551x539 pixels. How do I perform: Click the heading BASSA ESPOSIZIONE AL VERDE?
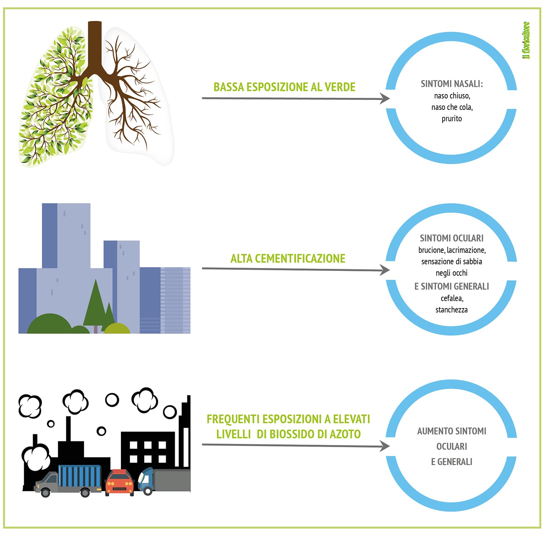[284, 87]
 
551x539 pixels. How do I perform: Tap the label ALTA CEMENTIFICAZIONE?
[288, 258]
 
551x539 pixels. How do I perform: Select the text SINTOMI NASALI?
[451, 84]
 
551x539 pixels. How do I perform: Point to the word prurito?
[451, 119]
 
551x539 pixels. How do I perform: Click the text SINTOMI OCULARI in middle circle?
[451, 238]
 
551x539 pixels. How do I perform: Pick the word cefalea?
[452, 298]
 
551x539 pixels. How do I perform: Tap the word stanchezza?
[451, 310]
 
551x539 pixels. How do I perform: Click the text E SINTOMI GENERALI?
[451, 286]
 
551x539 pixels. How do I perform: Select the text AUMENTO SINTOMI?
[451, 431]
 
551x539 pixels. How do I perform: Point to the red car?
[119, 482]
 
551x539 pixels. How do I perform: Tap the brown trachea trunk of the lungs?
[95, 44]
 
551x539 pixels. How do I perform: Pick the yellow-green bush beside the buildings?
[117, 328]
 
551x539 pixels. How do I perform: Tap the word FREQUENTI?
[234, 419]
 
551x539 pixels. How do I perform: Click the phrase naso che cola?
[452, 107]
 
